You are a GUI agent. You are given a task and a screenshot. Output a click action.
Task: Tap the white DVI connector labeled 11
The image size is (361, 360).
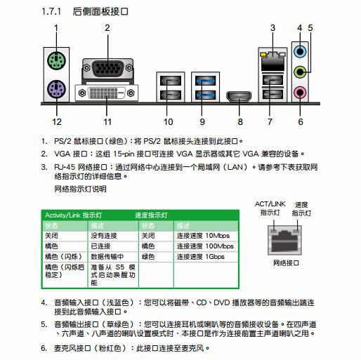click(107, 93)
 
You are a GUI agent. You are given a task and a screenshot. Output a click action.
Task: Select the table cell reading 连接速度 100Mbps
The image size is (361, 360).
click(205, 246)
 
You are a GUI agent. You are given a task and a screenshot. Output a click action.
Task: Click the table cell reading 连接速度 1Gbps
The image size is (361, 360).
click(202, 257)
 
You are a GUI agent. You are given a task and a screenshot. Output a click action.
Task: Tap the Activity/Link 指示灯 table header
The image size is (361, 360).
click(74, 215)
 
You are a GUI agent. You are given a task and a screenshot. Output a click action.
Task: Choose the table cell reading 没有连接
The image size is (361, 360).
click(105, 236)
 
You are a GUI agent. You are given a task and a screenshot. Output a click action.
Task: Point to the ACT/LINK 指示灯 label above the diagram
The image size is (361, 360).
click(270, 207)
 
